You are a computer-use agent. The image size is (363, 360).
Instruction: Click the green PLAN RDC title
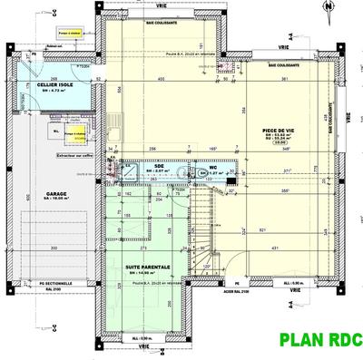coord(320,341)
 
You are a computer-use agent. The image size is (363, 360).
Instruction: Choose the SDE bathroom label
coord(159,166)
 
